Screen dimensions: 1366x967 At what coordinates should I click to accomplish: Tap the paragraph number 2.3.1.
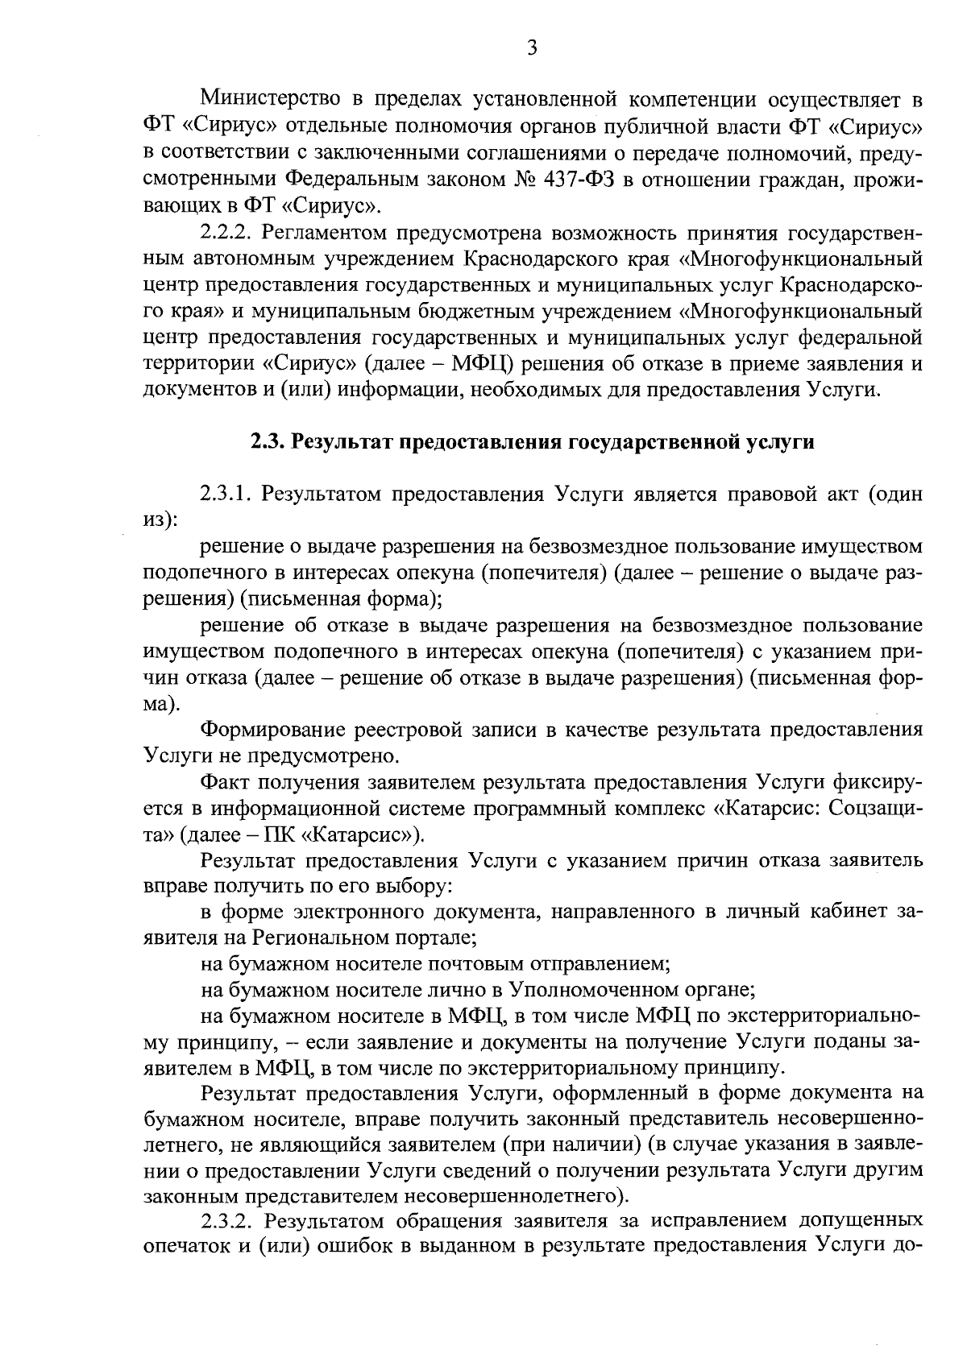click(x=228, y=494)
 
